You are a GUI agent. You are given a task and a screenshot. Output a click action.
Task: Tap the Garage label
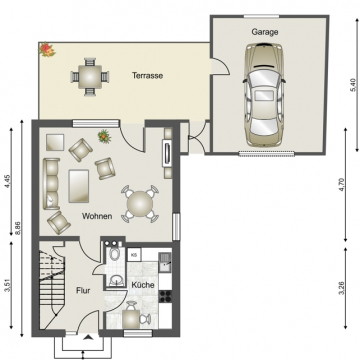[x=265, y=32]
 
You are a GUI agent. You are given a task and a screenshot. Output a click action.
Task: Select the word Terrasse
[x=147, y=75]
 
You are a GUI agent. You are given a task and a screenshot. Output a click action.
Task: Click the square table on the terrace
[x=90, y=74]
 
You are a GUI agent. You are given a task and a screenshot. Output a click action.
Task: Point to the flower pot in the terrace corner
[x=45, y=48]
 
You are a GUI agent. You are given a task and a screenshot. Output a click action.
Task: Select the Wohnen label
[x=96, y=216]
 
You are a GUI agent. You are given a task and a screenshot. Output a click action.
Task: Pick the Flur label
[x=84, y=291]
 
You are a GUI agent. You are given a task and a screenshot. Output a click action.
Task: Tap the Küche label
[x=143, y=286]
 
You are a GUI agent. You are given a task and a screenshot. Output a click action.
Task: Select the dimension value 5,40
[x=351, y=85]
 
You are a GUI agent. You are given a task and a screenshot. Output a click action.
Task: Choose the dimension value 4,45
[x=7, y=182]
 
